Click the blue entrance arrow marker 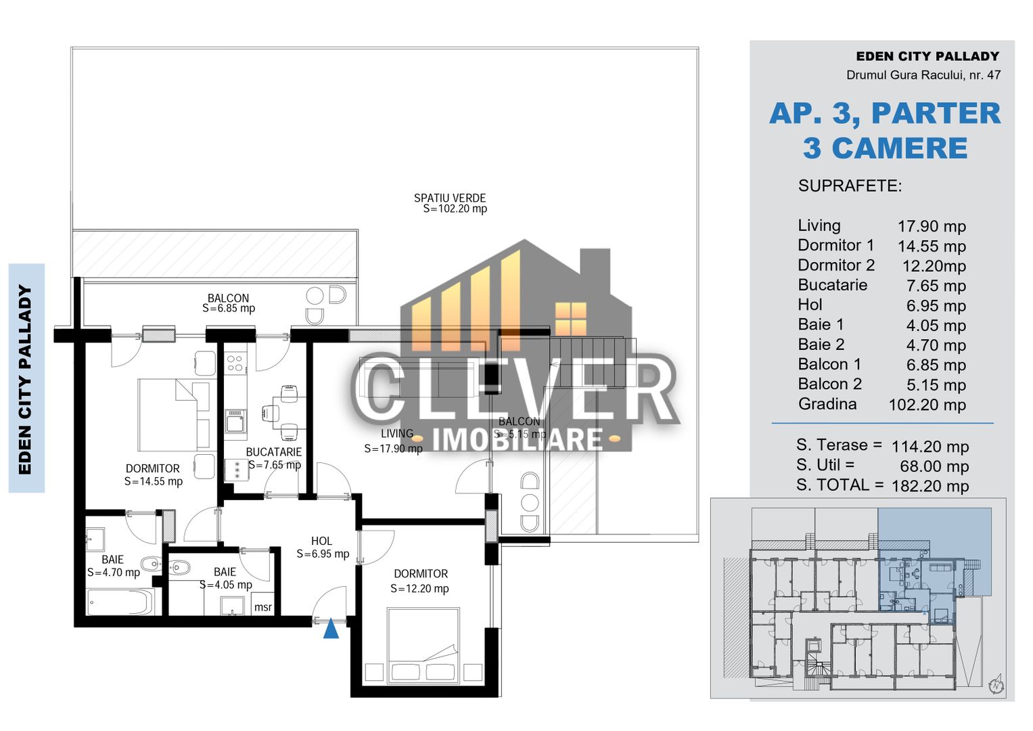tap(331, 629)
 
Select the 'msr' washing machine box tap(262, 606)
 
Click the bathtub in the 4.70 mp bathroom tap(120, 602)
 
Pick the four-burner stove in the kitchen tap(235, 363)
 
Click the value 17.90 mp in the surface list tap(932, 226)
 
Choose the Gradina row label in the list tap(827, 404)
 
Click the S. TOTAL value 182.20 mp tap(930, 486)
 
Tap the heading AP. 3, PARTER tap(884, 113)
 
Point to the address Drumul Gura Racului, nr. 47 tap(923, 75)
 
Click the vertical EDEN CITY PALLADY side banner tap(26, 378)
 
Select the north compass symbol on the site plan tap(996, 685)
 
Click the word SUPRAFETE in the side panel tap(850, 186)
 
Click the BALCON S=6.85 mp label tap(229, 303)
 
